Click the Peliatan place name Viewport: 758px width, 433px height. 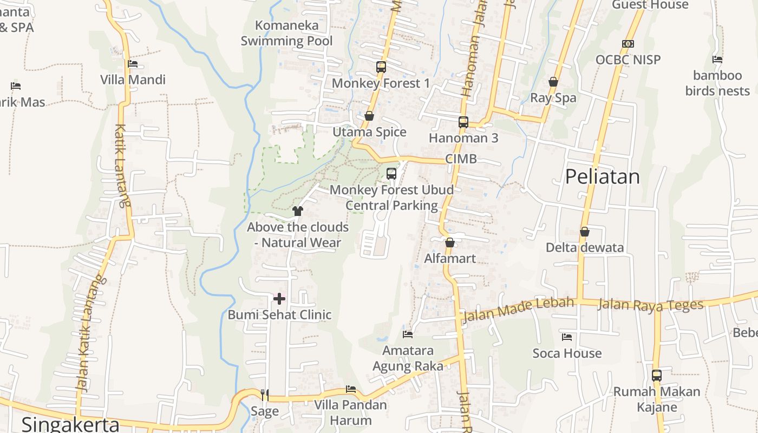point(602,177)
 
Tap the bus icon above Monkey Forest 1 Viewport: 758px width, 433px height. point(381,67)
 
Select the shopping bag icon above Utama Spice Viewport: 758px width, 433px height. point(369,116)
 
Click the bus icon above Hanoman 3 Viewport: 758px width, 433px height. point(463,122)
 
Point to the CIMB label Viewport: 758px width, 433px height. point(461,159)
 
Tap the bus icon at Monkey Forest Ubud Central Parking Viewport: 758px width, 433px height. point(391,174)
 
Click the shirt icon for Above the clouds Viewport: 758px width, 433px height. point(297,211)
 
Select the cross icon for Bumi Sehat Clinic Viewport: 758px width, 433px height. point(279,299)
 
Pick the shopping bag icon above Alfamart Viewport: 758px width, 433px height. point(449,242)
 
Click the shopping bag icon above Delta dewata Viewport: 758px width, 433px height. point(584,232)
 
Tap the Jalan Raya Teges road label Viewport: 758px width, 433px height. point(650,305)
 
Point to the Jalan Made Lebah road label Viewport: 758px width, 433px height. point(518,310)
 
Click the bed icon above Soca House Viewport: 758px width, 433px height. point(567,337)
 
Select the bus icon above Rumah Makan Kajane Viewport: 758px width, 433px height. point(657,375)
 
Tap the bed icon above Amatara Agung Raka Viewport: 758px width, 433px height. point(408,334)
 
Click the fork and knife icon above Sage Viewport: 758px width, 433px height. point(264,395)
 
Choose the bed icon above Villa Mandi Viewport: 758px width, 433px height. point(133,64)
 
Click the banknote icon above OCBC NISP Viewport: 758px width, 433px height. point(628,44)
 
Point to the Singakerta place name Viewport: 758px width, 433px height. point(70,424)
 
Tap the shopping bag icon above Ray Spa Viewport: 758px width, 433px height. point(553,82)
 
